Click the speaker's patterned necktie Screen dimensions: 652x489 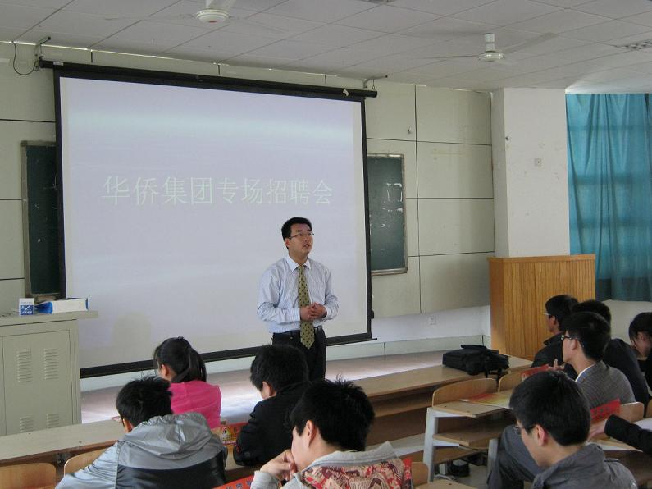point(306,305)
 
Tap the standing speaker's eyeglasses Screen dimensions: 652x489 point(302,235)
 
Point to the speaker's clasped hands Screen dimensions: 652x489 point(312,312)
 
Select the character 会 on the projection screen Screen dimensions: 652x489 point(322,192)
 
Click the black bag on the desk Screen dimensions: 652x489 point(476,359)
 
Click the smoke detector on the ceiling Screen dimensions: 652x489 point(212,16)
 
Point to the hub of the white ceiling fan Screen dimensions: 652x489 point(490,55)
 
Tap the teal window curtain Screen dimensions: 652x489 point(609,195)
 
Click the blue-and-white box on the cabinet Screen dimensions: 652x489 point(26,307)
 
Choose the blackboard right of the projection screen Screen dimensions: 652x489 point(386,213)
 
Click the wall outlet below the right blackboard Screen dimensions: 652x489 point(432,320)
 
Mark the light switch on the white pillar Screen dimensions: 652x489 point(538,162)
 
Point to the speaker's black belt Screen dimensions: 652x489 point(299,331)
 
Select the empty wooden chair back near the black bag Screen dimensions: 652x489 point(463,391)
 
